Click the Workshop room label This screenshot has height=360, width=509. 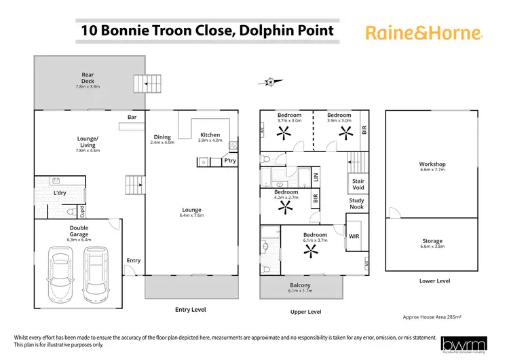pyautogui.click(x=432, y=168)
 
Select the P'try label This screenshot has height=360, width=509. pyautogui.click(x=229, y=161)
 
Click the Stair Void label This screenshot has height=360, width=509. pyautogui.click(x=358, y=185)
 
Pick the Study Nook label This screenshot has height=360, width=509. pyautogui.click(x=357, y=204)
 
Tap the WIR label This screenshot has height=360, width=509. pyautogui.click(x=354, y=236)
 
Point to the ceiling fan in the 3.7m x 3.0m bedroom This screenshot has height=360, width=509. pyautogui.click(x=281, y=133)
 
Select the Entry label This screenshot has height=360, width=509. pyautogui.click(x=134, y=260)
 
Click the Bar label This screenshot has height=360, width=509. pyautogui.click(x=132, y=118)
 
